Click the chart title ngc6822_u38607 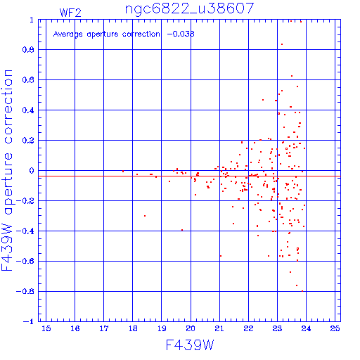189,9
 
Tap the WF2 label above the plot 70,13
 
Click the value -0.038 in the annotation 181,34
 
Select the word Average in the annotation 68,34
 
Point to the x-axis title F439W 190,345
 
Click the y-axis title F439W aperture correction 7,170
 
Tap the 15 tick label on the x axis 46,328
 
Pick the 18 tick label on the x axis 133,328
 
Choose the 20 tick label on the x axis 191,328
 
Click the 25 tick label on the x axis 335,328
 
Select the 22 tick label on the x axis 248,328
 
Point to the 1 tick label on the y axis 32,20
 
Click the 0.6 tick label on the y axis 28,80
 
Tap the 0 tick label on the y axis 32,170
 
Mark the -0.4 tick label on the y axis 25,231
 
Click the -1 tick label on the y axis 29,321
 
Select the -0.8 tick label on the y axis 25,291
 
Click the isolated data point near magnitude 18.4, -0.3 145,216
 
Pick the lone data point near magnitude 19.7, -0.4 182,230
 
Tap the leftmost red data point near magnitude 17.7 123,172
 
